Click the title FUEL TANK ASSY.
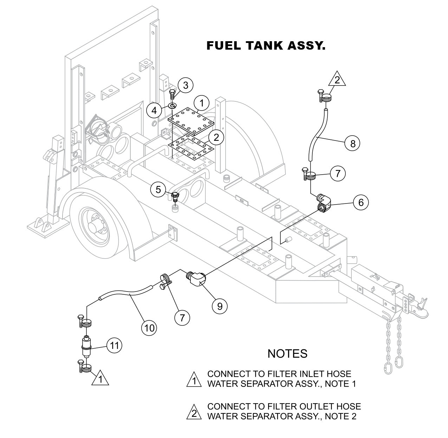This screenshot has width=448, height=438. click(x=266, y=46)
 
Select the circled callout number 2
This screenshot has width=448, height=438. click(x=216, y=137)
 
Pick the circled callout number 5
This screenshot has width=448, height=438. click(x=158, y=190)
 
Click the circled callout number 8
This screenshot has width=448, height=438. click(x=352, y=143)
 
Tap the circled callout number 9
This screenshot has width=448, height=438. click(x=220, y=306)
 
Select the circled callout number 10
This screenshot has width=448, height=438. click(x=149, y=328)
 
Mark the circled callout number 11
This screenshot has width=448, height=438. click(x=114, y=345)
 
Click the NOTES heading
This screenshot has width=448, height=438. click(x=287, y=353)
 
